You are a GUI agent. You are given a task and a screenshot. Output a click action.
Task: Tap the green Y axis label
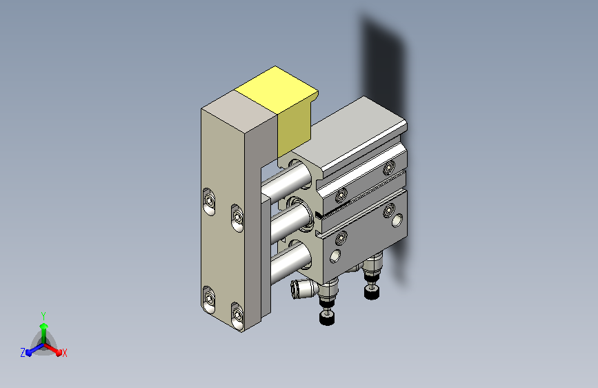tap(43, 316)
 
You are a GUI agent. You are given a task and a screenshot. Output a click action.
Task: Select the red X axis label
tap(64, 353)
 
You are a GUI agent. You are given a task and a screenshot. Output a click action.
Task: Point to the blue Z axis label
tap(23, 353)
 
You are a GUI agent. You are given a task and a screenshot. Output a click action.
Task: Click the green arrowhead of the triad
tap(43, 326)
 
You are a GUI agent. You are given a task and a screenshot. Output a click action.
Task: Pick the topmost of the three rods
tap(287, 182)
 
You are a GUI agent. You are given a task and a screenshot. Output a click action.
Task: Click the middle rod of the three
tap(290, 221)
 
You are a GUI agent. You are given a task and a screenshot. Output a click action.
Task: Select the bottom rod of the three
tap(291, 262)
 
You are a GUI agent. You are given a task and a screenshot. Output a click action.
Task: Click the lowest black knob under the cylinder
tap(327, 318)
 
